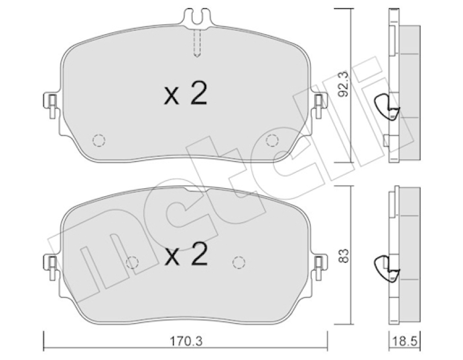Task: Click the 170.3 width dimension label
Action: [186, 341]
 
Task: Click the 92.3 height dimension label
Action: [343, 84]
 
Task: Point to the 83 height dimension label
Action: [343, 256]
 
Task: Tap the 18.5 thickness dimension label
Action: [405, 341]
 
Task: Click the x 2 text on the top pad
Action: [185, 93]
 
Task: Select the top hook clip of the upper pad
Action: [198, 19]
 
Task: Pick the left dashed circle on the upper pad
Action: [99, 140]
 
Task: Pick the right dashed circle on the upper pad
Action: [272, 140]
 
